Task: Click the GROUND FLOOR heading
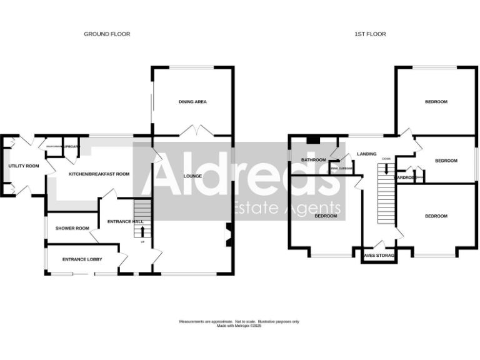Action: (x=107, y=34)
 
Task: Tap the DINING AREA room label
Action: (x=192, y=102)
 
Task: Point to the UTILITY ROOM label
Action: (x=24, y=166)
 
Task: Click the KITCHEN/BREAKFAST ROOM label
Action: (x=99, y=174)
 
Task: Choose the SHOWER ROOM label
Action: (x=72, y=228)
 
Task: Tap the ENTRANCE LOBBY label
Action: (x=82, y=259)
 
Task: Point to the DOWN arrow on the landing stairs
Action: (x=386, y=167)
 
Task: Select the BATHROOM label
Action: (x=314, y=160)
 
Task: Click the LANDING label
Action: (x=367, y=154)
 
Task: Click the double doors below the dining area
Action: (x=193, y=131)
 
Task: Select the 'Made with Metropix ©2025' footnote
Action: (x=240, y=326)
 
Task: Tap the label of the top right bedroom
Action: (x=436, y=102)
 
